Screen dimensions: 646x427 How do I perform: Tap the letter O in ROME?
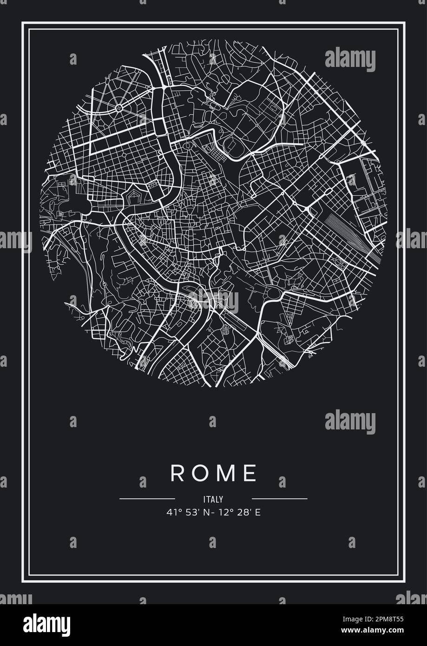tap(199, 473)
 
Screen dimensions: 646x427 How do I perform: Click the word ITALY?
tap(213, 500)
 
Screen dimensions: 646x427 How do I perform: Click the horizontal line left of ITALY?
tap(147, 499)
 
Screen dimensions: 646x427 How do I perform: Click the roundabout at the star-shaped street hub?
tap(119, 108)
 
